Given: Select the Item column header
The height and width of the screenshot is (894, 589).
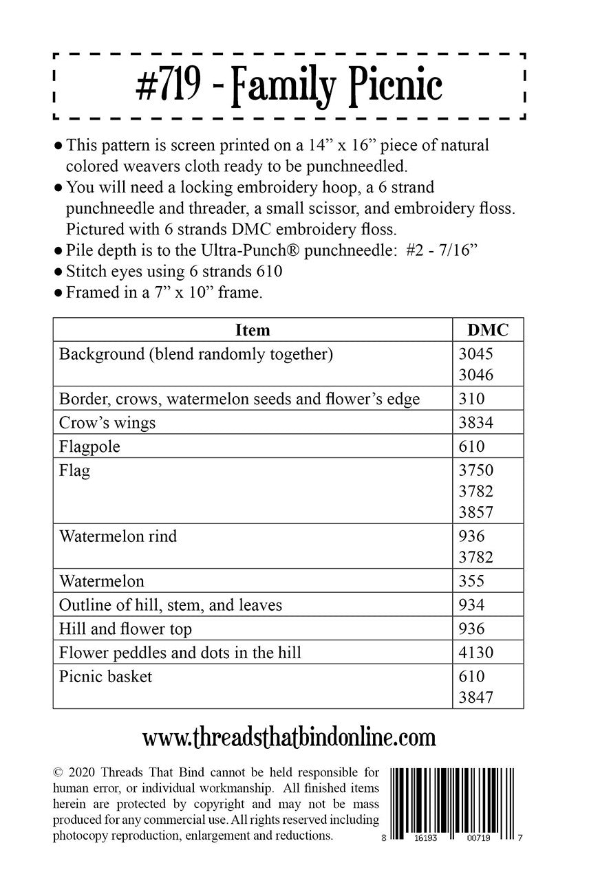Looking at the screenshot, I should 253,329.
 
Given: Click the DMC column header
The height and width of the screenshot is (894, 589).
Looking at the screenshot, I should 488,329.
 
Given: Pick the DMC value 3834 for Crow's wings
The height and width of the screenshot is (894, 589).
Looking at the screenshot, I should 475,423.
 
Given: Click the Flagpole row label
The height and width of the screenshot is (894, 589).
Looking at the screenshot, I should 89,447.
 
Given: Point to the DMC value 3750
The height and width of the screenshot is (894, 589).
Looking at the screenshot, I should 475,471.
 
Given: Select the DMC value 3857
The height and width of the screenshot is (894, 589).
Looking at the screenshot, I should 475,512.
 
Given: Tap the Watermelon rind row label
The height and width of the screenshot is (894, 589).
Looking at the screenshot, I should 118,536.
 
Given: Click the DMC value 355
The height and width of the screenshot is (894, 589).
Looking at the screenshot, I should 471,581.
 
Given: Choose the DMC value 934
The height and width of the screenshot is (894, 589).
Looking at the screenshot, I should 471,605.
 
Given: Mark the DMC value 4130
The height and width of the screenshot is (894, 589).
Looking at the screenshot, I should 475,653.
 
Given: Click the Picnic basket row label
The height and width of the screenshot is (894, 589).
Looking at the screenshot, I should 105,677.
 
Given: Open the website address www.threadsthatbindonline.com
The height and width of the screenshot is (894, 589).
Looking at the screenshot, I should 289,738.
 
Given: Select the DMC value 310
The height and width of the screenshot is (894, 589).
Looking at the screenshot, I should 471,399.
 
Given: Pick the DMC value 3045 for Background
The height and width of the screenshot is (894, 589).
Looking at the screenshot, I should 475,354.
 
